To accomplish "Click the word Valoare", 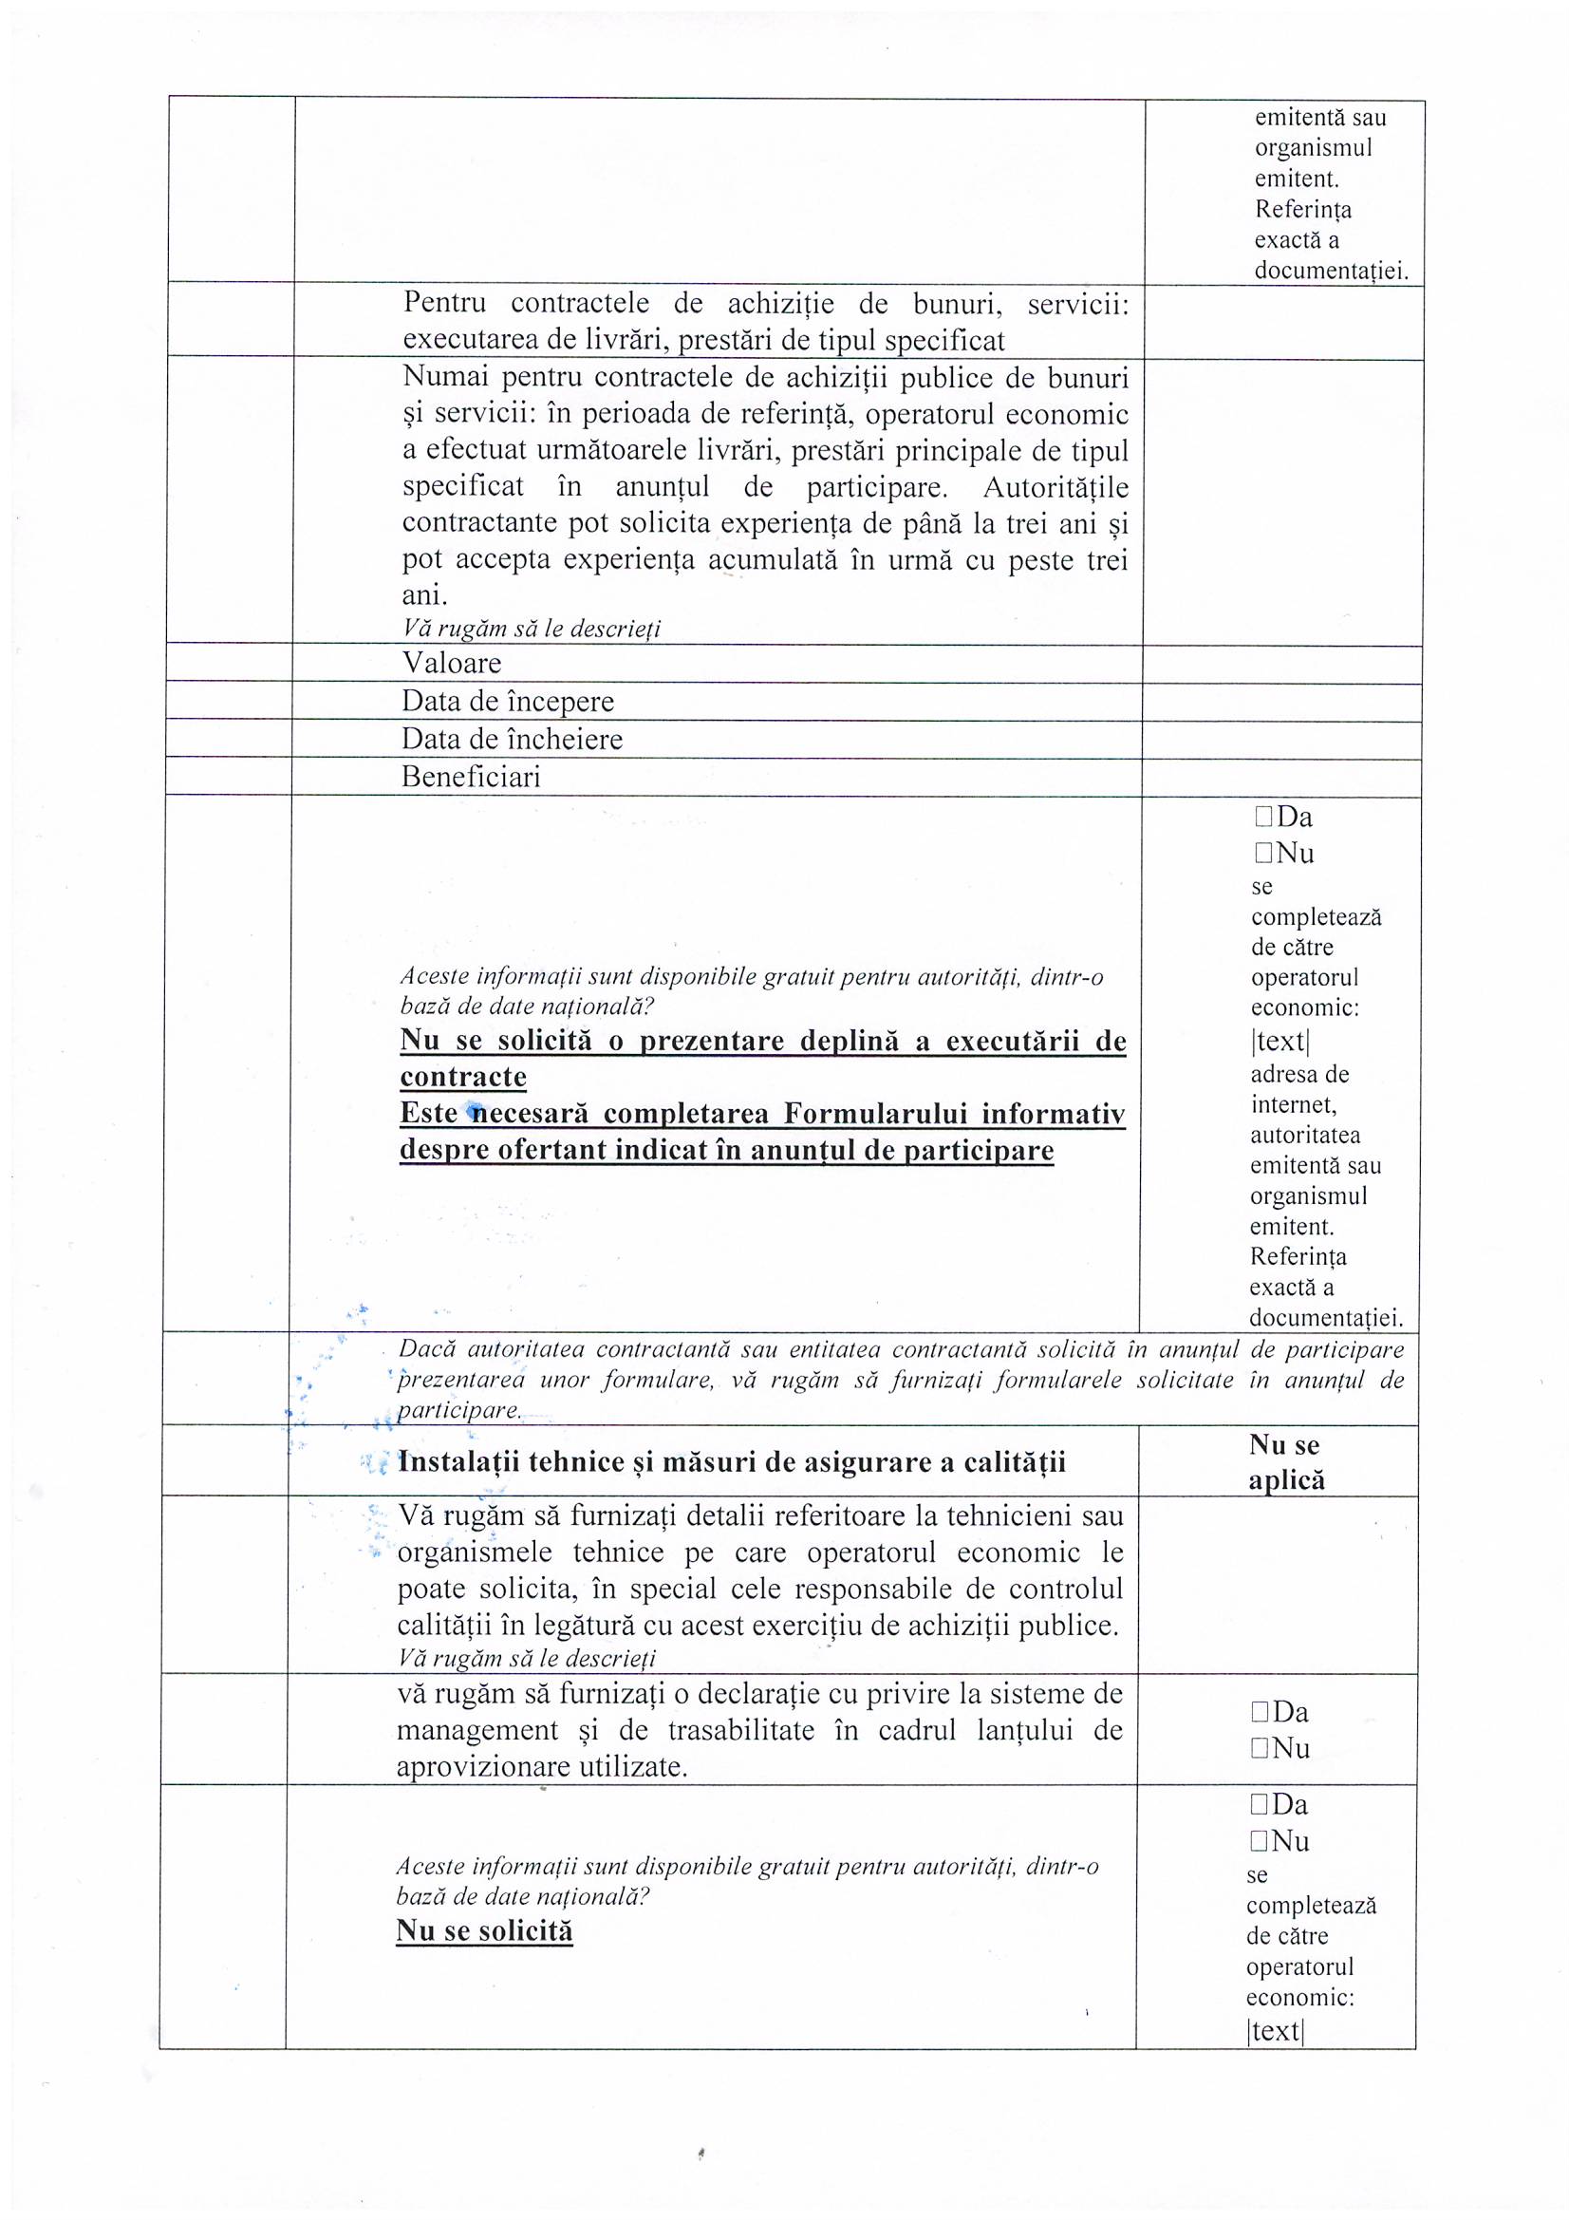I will [x=452, y=664].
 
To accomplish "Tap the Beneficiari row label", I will [x=471, y=778].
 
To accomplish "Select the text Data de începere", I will [x=508, y=701].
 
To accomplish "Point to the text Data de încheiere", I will [x=512, y=740].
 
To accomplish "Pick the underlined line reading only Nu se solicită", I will [x=484, y=1931].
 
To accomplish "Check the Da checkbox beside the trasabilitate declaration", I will [x=1260, y=1712].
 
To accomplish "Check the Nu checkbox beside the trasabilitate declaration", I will [x=1260, y=1748].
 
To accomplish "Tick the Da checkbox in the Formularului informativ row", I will [x=1263, y=817].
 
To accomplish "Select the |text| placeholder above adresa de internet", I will [x=1279, y=1042].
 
